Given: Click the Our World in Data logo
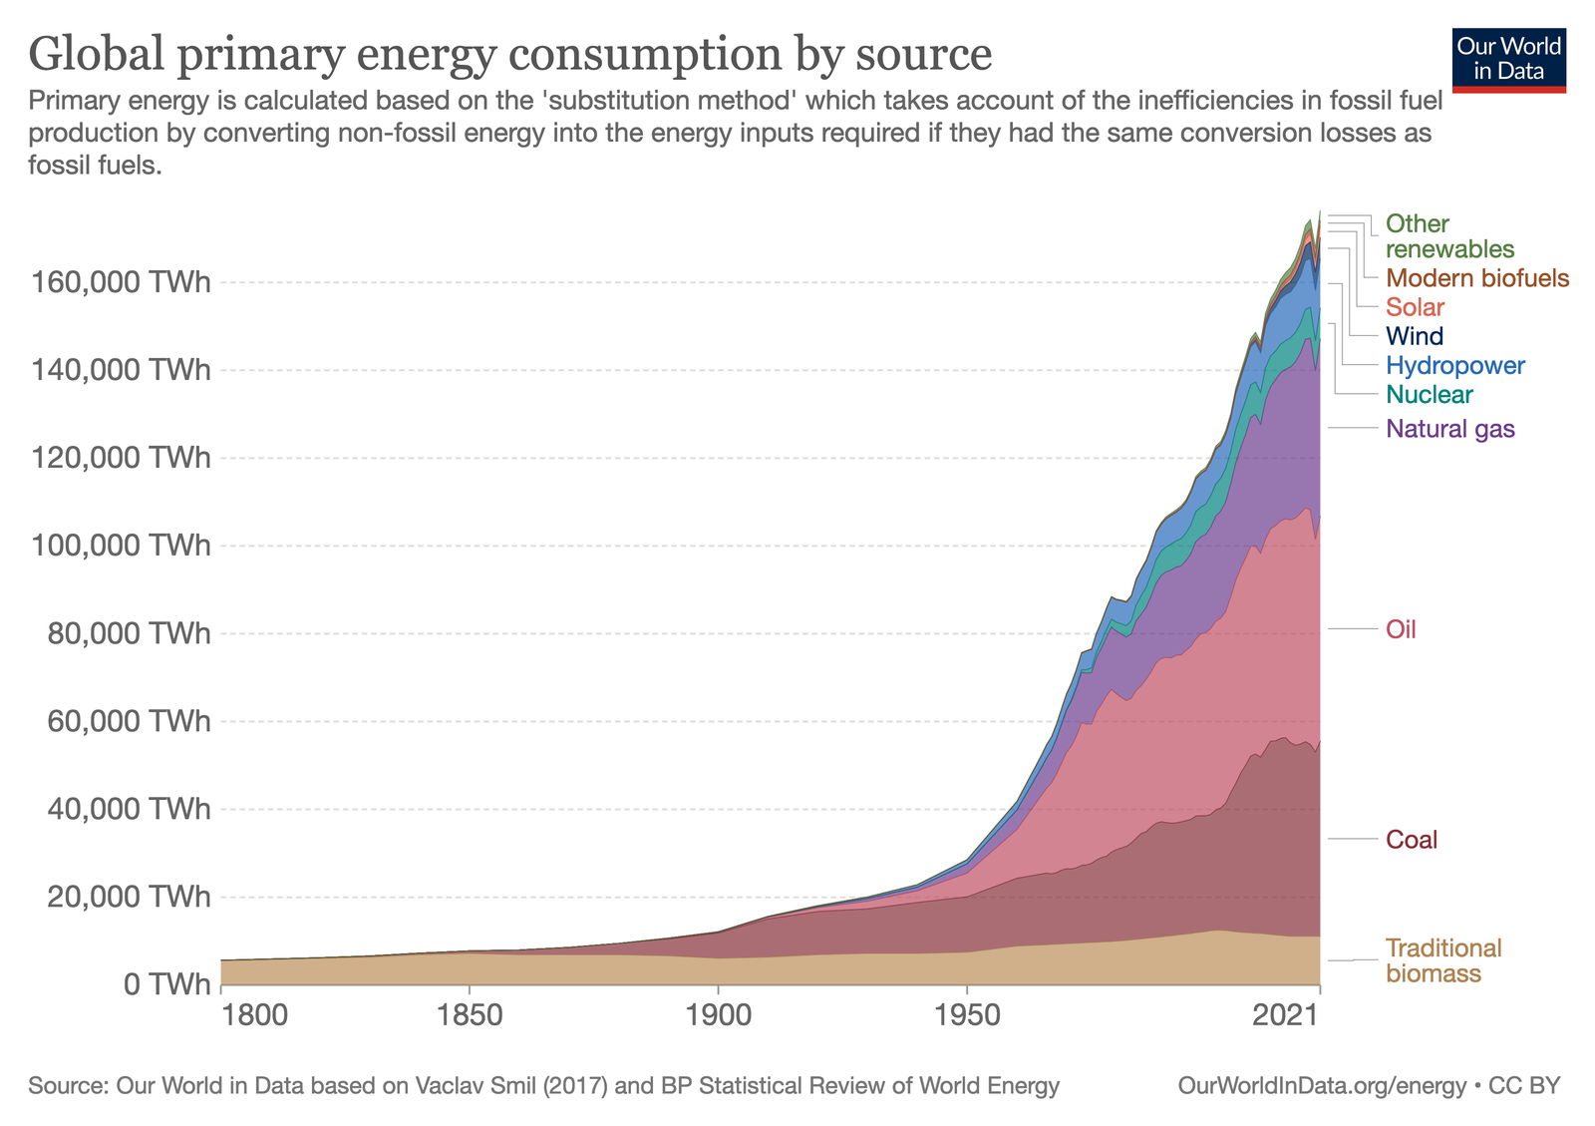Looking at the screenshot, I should (1508, 60).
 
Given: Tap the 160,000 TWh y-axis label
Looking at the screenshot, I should (121, 282).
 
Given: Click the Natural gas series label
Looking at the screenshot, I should (1449, 429).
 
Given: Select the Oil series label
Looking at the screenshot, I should (1401, 629).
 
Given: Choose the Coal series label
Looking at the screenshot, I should (1412, 840).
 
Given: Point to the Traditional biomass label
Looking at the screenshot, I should (1442, 960).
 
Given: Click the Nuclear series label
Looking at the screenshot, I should (1429, 394).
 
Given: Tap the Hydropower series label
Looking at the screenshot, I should (1454, 365).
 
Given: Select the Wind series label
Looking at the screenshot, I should (1414, 336).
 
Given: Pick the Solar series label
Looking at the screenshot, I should (1415, 307).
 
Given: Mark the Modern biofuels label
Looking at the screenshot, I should (1476, 278).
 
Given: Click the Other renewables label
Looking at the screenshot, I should (1448, 236).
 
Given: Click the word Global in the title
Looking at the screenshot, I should (96, 53).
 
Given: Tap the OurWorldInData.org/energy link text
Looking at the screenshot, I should (1322, 1085).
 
